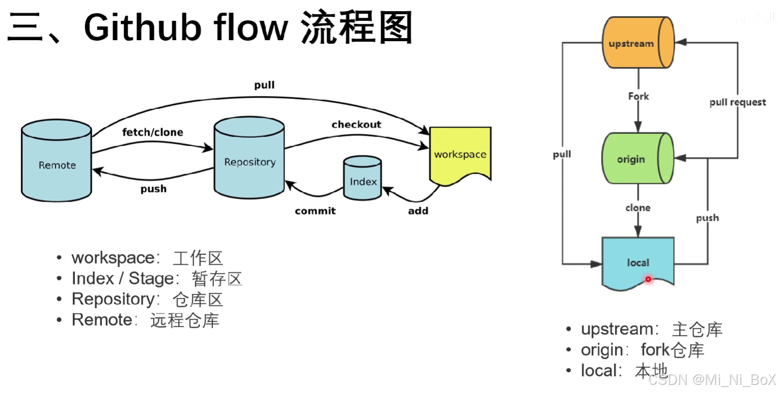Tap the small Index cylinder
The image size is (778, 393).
[363, 178]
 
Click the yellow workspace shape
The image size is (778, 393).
[460, 154]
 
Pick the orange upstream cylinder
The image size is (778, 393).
[638, 43]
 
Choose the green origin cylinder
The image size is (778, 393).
[637, 159]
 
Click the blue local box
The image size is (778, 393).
[638, 263]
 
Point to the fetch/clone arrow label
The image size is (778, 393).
[152, 132]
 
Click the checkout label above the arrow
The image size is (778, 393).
[356, 125]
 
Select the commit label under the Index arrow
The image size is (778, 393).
[315, 210]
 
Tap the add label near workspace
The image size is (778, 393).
[418, 210]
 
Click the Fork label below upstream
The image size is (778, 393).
[638, 96]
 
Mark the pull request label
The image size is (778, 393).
[737, 102]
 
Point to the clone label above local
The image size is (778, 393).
[638, 208]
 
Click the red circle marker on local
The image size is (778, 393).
[648, 279]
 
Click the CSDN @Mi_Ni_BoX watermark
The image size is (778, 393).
[712, 379]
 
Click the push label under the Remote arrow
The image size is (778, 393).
[153, 189]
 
